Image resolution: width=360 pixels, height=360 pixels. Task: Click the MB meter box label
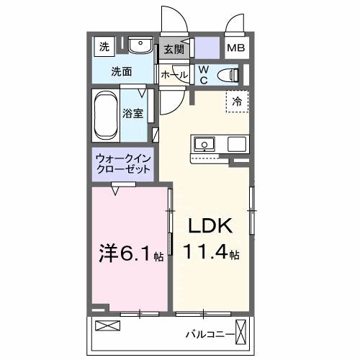(235, 49)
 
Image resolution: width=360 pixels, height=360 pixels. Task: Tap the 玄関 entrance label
(174, 50)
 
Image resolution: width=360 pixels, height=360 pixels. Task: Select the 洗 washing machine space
(105, 48)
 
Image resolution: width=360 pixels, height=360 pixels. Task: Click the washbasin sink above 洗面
(139, 47)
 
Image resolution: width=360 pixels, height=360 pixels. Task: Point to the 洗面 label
(121, 71)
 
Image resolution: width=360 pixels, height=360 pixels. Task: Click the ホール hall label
(174, 74)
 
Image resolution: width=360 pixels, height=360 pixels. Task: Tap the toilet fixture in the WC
(230, 73)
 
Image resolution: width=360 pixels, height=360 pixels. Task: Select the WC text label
(203, 74)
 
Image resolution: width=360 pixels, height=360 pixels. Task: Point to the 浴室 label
(132, 113)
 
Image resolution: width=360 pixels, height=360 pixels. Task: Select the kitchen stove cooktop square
(237, 143)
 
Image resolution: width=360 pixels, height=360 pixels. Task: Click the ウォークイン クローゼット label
(123, 164)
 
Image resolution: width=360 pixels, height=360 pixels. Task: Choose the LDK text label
(210, 227)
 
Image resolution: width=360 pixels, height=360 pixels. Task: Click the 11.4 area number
(209, 253)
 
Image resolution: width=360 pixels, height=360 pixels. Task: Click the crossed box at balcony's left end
(105, 326)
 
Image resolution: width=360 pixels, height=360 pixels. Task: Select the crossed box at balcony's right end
(248, 333)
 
